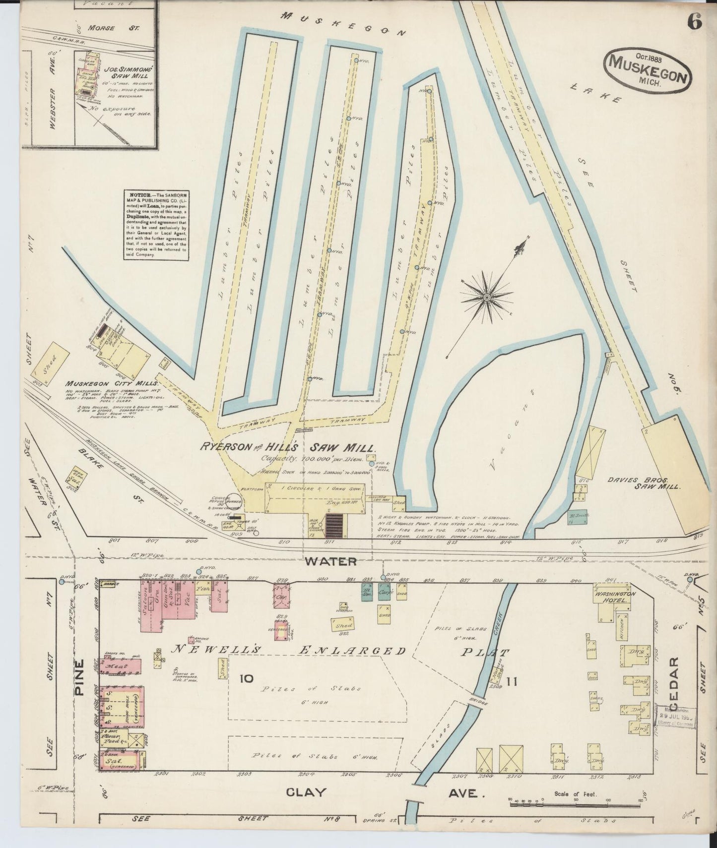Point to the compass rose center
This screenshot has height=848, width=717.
coord(487,297)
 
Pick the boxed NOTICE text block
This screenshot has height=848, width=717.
coord(156,224)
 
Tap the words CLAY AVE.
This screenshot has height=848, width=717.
coord(382,793)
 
